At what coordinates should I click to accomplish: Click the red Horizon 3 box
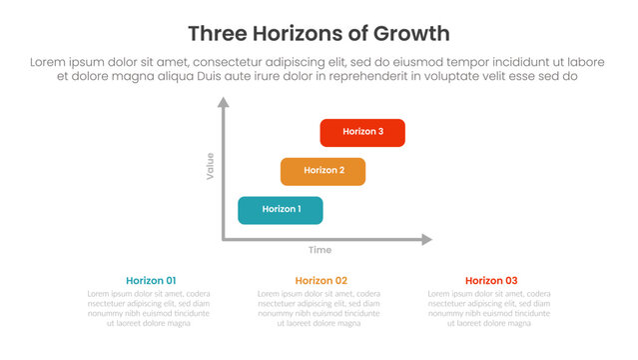pyautogui.click(x=362, y=132)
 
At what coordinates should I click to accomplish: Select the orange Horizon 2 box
pyautogui.click(x=322, y=171)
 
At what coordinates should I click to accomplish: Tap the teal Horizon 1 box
pyautogui.click(x=281, y=210)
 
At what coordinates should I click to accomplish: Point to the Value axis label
pyautogui.click(x=210, y=165)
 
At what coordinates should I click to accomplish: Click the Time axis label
pyautogui.click(x=319, y=250)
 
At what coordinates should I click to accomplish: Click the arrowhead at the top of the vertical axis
pyautogui.click(x=223, y=102)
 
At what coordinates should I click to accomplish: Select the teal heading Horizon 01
pyautogui.click(x=151, y=281)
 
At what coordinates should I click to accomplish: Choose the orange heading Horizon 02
pyautogui.click(x=320, y=281)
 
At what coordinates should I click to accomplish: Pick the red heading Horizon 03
pyautogui.click(x=491, y=281)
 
